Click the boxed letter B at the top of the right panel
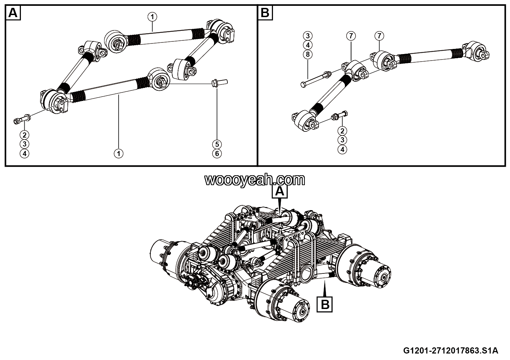pyautogui.click(x=265, y=13)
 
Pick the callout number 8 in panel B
pyautogui.click(x=308, y=54)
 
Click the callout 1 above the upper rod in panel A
pyautogui.click(x=152, y=16)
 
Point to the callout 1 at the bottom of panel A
pyautogui.click(x=119, y=154)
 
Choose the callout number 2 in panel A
pyautogui.click(x=24, y=134)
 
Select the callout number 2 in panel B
pyautogui.click(x=342, y=130)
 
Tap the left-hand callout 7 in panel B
pyautogui.click(x=351, y=36)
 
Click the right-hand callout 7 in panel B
pyautogui.click(x=379, y=36)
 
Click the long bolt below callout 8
pyautogui.click(x=315, y=78)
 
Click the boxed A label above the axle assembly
pyautogui.click(x=280, y=192)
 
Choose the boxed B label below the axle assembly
pyautogui.click(x=325, y=304)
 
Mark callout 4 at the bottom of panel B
pyautogui.click(x=342, y=150)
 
